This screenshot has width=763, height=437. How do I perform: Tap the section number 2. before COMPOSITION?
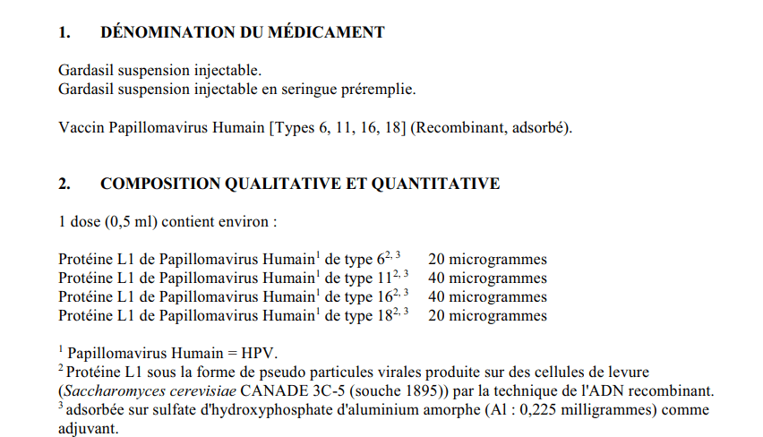[x=64, y=184]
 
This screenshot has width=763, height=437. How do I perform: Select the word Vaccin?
[x=81, y=127]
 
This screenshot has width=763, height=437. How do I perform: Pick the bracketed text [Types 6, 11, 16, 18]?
[x=339, y=127]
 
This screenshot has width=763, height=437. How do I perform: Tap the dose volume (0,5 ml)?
[x=123, y=221]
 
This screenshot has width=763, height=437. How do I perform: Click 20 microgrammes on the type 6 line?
[x=487, y=260]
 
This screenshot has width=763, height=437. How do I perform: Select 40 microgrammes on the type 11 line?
[x=487, y=278]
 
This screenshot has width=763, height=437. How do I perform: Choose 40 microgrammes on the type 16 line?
[x=487, y=297]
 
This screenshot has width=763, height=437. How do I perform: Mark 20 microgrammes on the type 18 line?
[x=487, y=316]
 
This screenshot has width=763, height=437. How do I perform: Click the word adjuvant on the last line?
[x=86, y=428]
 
